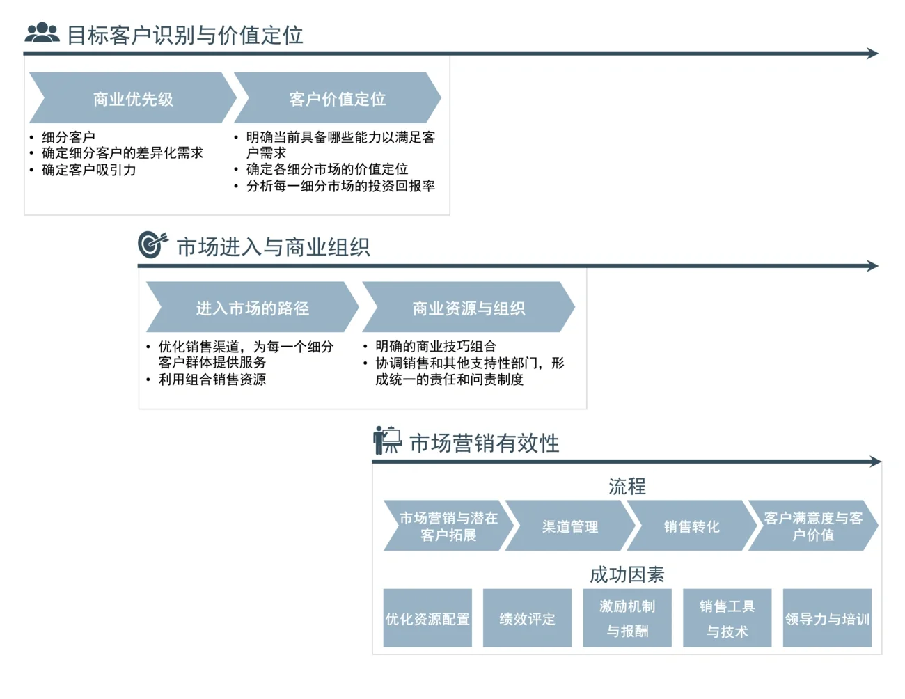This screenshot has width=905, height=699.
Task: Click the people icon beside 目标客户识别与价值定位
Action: click(x=42, y=33)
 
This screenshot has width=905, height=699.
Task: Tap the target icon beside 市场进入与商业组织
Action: click(x=152, y=244)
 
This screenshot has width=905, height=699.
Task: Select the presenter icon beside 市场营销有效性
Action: click(x=387, y=440)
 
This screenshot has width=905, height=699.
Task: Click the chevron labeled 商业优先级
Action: click(x=132, y=99)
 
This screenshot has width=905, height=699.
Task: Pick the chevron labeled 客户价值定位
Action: click(x=337, y=99)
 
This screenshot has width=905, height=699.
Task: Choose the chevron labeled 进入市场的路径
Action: click(x=252, y=308)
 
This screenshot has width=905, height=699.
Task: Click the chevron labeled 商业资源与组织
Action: click(x=469, y=308)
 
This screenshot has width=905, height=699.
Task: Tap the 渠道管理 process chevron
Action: click(x=570, y=526)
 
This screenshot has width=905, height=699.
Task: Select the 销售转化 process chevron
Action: click(x=691, y=526)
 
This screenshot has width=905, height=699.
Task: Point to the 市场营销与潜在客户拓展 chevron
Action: click(x=448, y=526)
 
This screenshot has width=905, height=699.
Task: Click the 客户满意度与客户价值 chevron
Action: click(x=812, y=526)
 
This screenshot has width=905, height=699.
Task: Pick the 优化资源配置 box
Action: click(x=427, y=618)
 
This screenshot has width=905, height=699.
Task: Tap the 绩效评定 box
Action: click(x=527, y=618)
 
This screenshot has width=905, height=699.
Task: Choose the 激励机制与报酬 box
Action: click(x=627, y=618)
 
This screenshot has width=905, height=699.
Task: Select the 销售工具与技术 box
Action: click(x=727, y=618)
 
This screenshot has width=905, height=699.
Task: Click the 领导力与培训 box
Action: click(x=827, y=618)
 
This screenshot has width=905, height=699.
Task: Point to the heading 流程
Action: click(x=627, y=486)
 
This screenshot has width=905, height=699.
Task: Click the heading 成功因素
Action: click(x=627, y=574)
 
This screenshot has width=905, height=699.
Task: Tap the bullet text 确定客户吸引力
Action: click(x=88, y=170)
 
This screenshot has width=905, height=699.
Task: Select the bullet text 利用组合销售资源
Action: click(x=212, y=379)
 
